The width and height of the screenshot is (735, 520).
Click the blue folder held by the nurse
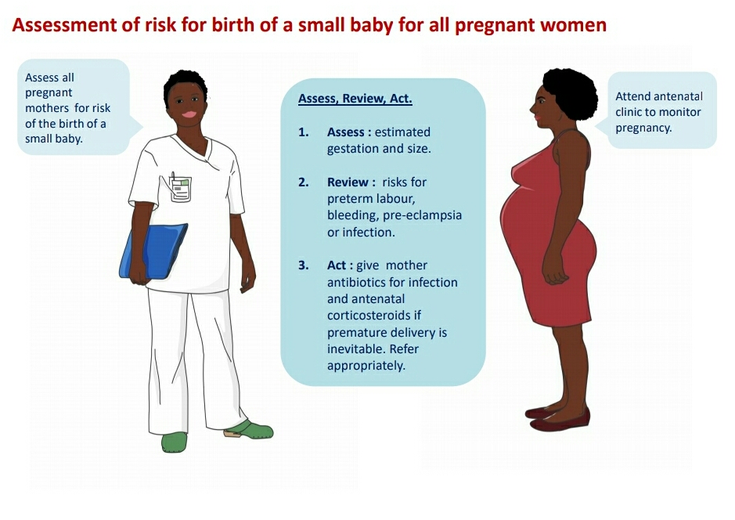[153, 251]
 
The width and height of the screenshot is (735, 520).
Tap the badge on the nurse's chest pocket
[181, 189]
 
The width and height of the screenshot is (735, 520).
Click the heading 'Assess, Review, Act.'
[355, 99]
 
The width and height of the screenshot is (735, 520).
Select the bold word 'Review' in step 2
[348, 182]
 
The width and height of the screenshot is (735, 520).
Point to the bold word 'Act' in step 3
[337, 265]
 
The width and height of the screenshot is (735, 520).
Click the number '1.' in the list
[304, 132]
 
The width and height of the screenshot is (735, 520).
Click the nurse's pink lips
[189, 114]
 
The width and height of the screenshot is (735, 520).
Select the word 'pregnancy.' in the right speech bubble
[643, 128]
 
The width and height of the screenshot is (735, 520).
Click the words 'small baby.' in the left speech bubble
[54, 139]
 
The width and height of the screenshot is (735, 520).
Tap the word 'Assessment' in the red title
[65, 25]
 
